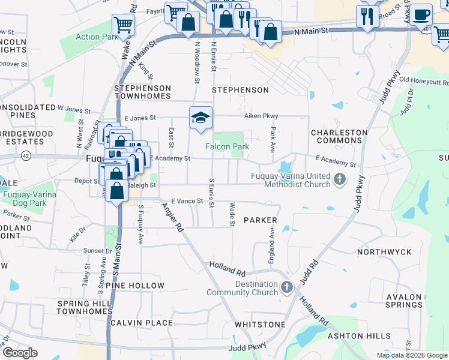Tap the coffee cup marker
420,14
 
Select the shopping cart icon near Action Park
123,25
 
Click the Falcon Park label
227,146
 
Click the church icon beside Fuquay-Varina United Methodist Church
340,179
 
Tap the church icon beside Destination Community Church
287,287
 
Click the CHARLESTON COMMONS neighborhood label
339,136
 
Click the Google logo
19,353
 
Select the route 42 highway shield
25,155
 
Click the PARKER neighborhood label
260,221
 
